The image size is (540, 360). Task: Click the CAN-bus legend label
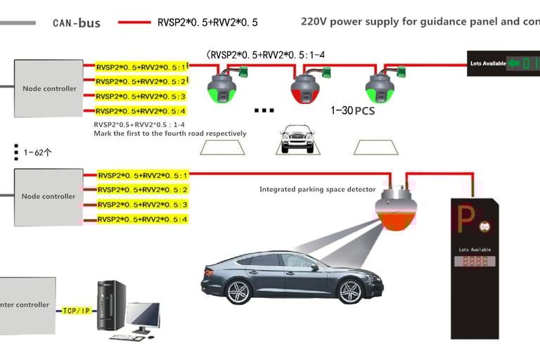point(77,23)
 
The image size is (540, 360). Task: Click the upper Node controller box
point(49,89)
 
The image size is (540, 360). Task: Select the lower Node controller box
point(49,196)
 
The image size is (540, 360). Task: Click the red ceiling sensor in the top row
point(306,86)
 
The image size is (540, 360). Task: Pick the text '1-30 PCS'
point(353,110)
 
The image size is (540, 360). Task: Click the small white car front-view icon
point(296,140)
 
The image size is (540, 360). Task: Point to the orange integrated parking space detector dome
point(399,214)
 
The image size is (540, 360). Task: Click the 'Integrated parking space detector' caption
point(318,189)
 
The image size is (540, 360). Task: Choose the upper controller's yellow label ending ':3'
point(141,96)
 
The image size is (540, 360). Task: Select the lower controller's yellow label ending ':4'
point(143,219)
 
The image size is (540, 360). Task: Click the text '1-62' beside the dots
point(36,151)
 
